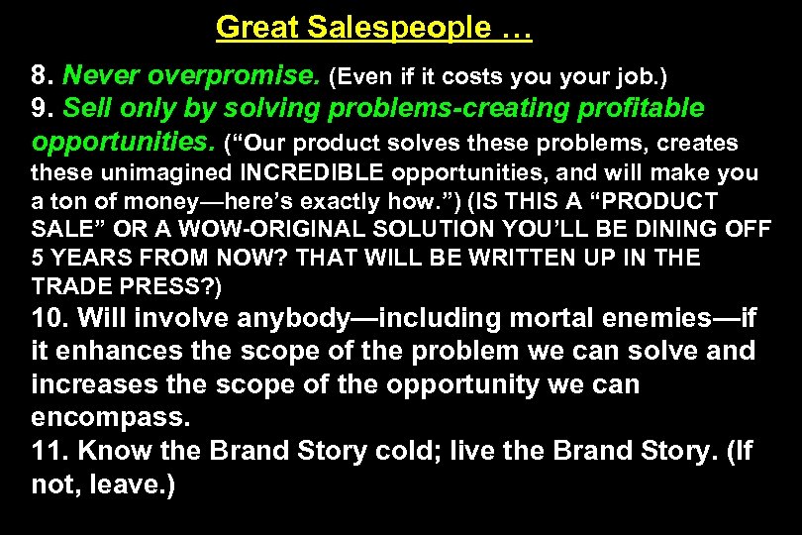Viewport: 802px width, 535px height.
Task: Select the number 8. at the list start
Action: coord(43,74)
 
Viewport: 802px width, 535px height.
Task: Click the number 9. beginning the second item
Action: coord(43,108)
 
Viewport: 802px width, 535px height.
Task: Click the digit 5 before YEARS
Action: coord(38,259)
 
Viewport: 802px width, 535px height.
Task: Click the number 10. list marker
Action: coord(50,319)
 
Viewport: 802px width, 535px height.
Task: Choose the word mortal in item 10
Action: coord(546,319)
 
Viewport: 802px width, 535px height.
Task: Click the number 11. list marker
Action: coord(50,452)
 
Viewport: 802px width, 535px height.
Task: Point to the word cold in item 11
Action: coord(407,452)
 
